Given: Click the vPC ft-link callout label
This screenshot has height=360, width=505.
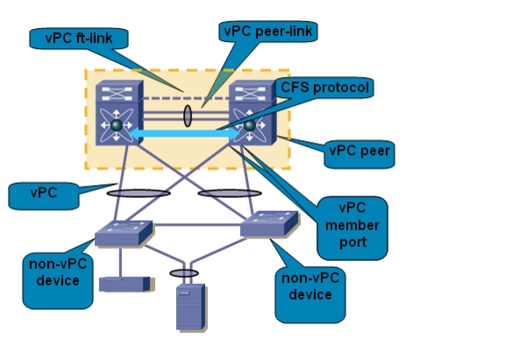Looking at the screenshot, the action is coord(79,39).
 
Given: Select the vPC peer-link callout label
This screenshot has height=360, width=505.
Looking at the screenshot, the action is coord(268,32).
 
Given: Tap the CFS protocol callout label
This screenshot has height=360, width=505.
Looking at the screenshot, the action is coord(324,88).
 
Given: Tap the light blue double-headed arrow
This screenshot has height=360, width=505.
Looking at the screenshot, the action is coord(184,133).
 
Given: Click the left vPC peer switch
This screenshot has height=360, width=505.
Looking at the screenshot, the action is coord(119,113).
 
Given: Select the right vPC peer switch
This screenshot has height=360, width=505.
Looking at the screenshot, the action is coord(252,113).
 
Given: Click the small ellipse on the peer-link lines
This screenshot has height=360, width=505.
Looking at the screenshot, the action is coord(187,116).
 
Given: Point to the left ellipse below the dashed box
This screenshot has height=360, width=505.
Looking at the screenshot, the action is coord(139,194).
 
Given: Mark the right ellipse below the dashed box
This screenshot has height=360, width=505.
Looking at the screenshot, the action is coord(230,194).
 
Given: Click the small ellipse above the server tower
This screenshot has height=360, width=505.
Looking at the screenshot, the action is coord(184,273).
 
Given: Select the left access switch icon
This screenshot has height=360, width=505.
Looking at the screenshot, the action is coord(124,234).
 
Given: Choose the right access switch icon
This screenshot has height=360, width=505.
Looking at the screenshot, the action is coord(269,224).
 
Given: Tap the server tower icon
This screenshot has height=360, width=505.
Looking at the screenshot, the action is coord(190,307).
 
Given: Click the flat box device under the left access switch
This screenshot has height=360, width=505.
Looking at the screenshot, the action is coord(126,285).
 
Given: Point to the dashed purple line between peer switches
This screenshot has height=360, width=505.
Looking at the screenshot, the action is coord(186,98).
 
